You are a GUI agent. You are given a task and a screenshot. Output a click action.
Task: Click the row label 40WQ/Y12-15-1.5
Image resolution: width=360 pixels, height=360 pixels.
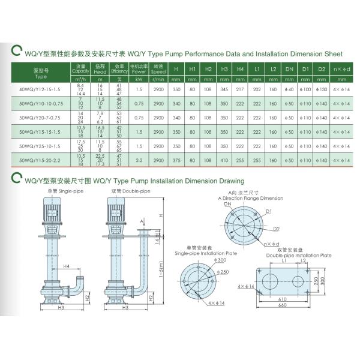41,90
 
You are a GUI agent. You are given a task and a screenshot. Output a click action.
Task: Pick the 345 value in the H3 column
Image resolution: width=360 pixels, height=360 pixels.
224,90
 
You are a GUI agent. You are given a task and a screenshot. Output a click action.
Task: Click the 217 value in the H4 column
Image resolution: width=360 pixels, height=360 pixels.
241,90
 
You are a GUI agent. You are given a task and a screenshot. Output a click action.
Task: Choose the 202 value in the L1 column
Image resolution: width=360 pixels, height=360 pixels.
257,90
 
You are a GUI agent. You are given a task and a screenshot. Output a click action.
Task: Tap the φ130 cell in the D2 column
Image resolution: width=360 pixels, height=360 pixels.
322,90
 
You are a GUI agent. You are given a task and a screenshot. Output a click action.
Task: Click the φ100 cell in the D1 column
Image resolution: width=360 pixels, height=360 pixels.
305,90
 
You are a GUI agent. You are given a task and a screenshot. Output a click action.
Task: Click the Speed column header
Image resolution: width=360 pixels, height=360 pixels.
158,69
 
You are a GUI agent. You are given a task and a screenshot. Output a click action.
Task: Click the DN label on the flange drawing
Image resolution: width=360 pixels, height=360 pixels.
228,204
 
